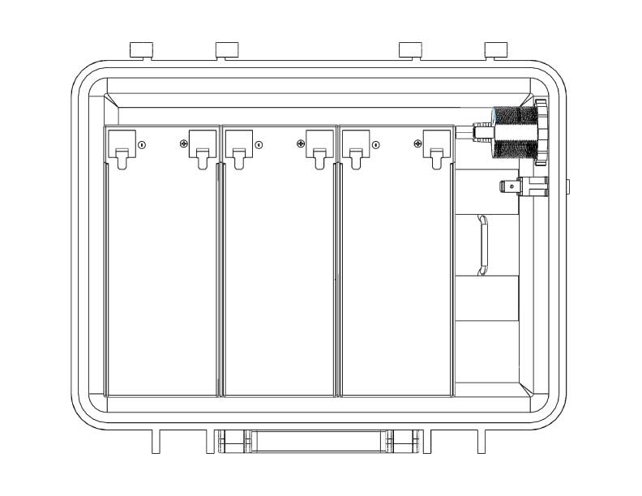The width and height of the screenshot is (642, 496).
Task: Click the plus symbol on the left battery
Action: pyautogui.click(x=184, y=145)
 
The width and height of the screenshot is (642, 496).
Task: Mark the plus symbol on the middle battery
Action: pyautogui.click(x=301, y=145)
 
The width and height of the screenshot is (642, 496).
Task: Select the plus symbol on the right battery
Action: pyautogui.click(x=417, y=145)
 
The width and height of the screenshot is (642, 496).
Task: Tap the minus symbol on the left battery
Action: pyautogui.click(x=142, y=145)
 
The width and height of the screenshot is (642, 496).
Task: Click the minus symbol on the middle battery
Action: pyautogui.click(x=259, y=145)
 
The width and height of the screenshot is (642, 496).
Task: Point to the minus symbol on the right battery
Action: pyautogui.click(x=375, y=145)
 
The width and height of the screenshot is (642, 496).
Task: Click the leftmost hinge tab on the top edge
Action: pyautogui.click(x=142, y=49)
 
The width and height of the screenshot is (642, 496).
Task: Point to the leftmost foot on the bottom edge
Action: pyautogui.click(x=156, y=442)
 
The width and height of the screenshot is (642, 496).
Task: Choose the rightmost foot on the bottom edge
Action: pyautogui.click(x=481, y=442)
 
